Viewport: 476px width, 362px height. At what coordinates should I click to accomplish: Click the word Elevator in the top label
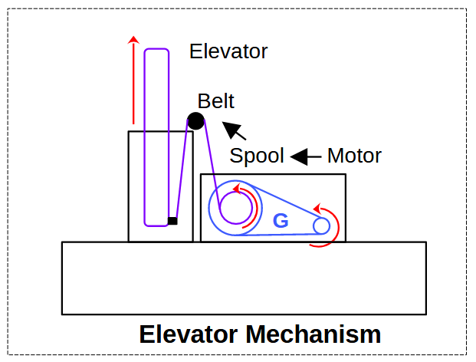pyautogui.click(x=228, y=51)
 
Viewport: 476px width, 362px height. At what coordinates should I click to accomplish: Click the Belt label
pyautogui.click(x=215, y=101)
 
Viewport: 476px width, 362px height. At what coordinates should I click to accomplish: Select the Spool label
pyautogui.click(x=257, y=156)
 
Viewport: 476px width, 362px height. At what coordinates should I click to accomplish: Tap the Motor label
pyautogui.click(x=354, y=156)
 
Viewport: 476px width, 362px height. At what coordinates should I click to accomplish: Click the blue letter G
pyautogui.click(x=281, y=222)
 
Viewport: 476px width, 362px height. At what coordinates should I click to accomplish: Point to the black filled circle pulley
pyautogui.click(x=196, y=120)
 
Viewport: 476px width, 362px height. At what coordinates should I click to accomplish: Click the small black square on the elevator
pyautogui.click(x=172, y=221)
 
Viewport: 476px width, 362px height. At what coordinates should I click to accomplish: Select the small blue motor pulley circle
pyautogui.click(x=321, y=225)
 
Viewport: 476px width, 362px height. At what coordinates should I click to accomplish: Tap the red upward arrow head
pyautogui.click(x=133, y=38)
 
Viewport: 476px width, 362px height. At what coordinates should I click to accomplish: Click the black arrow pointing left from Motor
pyautogui.click(x=305, y=156)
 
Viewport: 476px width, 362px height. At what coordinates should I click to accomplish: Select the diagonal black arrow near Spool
pyautogui.click(x=234, y=131)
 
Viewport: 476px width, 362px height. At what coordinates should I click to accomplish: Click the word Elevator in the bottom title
pyautogui.click(x=189, y=334)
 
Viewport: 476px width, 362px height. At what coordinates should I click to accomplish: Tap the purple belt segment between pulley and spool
pyautogui.click(x=209, y=161)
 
